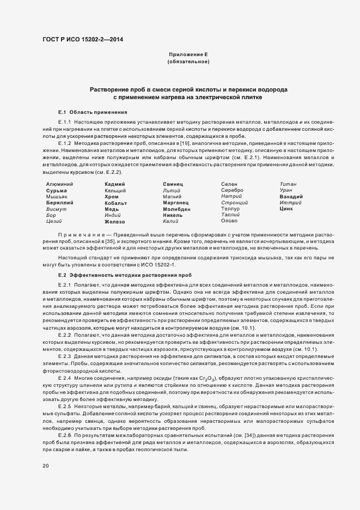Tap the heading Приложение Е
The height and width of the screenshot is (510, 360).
(188, 54)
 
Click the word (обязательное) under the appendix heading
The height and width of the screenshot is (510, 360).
(188, 62)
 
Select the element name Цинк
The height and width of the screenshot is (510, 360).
(286, 208)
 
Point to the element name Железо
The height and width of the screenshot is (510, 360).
(115, 222)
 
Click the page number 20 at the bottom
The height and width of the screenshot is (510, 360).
(45, 465)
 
